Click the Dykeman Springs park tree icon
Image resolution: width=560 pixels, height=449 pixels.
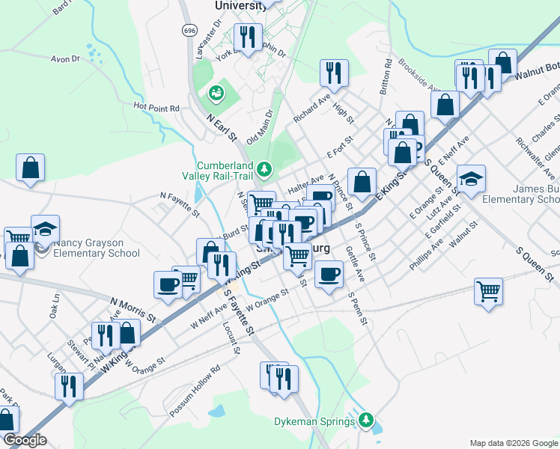[365, 420]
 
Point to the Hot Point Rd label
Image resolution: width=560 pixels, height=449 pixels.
[156, 108]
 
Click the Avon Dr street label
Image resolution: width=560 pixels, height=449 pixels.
[65, 59]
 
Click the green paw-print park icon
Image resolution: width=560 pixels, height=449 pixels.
[216, 93]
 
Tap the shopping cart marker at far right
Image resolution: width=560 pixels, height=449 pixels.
[488, 290]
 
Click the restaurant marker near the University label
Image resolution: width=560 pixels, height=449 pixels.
[246, 37]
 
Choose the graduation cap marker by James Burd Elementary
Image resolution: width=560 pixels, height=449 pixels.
[471, 179]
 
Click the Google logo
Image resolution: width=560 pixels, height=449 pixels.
[25, 440]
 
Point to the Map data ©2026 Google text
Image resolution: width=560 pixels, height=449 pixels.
[513, 443]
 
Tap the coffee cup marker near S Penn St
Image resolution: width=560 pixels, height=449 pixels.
[327, 274]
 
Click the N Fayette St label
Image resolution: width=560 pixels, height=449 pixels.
[180, 204]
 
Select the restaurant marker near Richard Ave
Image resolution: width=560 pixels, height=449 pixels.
[333, 73]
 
